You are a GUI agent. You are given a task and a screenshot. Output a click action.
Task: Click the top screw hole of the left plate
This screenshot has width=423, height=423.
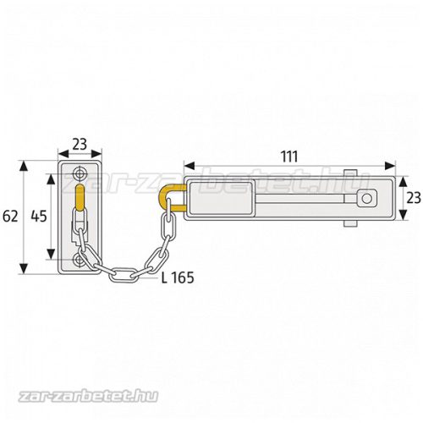point(80,173)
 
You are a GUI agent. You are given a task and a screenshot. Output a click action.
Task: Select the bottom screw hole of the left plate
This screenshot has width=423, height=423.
point(80,261)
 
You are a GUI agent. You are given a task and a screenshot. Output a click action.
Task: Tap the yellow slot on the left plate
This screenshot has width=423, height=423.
point(80,203)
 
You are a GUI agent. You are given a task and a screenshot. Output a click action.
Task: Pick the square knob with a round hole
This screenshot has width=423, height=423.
point(365,200)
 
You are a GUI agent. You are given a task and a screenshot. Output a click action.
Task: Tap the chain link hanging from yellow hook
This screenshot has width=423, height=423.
point(168,227)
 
